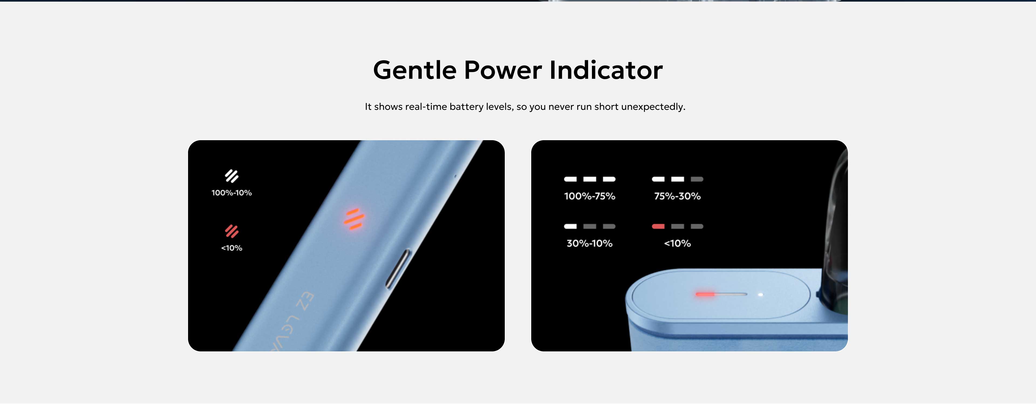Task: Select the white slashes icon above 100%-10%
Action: [x=232, y=176]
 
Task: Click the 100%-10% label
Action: [x=232, y=193]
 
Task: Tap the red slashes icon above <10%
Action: [x=232, y=231]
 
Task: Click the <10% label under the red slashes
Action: [x=232, y=248]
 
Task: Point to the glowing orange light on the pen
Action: [x=354, y=219]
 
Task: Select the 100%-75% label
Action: [x=589, y=196]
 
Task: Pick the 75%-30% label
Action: [x=678, y=196]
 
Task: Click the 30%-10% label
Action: [x=589, y=243]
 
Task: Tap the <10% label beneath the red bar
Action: [x=678, y=243]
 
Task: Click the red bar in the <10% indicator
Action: [x=658, y=226]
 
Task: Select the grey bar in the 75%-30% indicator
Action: [x=697, y=179]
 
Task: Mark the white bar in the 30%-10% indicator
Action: [x=570, y=226]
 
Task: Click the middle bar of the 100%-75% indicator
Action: [x=589, y=179]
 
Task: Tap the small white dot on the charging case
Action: [x=761, y=295]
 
